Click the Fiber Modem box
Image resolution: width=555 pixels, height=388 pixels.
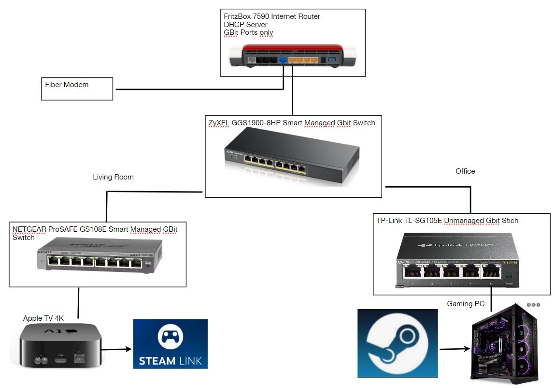[77, 89]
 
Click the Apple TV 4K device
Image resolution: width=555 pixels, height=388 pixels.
[60, 347]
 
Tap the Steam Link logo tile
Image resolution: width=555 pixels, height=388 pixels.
[171, 343]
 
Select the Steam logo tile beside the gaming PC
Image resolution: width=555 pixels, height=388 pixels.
[397, 343]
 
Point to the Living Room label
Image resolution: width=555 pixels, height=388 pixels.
[113, 177]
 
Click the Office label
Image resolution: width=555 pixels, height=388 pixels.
[465, 171]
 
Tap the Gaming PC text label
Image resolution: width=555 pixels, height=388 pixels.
[466, 304]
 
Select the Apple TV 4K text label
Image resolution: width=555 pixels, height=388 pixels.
[43, 318]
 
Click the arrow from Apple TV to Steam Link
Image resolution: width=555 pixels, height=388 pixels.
[116, 348]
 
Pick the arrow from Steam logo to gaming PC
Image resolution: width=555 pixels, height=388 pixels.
[454, 348]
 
